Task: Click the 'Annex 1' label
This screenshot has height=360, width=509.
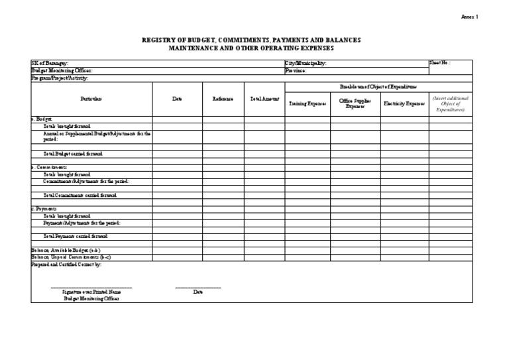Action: pos(469,17)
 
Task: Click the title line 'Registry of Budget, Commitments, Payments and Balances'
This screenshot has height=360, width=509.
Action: pos(251,40)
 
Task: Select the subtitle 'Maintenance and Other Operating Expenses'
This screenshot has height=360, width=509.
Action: pos(251,48)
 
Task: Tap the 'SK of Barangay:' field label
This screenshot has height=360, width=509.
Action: pos(50,63)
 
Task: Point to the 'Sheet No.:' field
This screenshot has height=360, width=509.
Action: pos(441,63)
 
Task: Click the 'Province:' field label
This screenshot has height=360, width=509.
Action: pos(296,70)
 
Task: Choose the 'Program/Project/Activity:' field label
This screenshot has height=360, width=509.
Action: pos(60,78)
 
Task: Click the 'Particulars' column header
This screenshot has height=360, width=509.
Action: pos(91,99)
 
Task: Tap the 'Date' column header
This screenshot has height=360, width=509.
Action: pos(177,99)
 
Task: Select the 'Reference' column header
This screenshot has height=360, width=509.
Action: pos(223,99)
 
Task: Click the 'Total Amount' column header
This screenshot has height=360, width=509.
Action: pos(264,99)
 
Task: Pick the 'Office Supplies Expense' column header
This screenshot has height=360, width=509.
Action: pos(355,103)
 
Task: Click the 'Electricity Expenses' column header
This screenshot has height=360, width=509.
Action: pos(404,104)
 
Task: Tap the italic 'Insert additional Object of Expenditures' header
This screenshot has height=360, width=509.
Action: pos(450,104)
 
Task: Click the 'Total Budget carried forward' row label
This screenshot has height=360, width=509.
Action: pos(73,154)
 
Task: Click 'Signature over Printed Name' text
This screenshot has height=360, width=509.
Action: pos(91,292)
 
